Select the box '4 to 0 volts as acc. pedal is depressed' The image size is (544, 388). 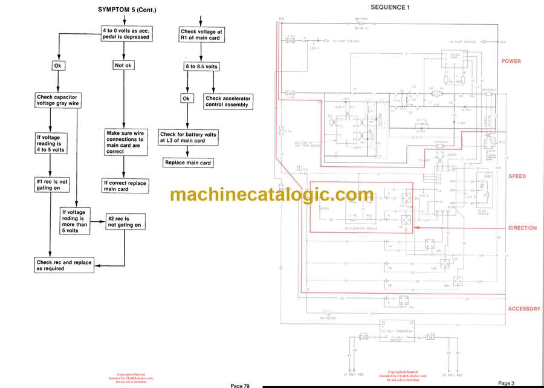125,33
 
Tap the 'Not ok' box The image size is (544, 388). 123,65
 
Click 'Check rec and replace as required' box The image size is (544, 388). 64,265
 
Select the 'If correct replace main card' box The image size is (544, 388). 125,186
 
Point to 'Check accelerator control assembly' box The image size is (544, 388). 228,101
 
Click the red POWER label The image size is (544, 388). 511,62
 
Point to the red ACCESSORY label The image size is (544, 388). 524,309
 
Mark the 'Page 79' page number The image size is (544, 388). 239,385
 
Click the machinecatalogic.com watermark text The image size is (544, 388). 272,195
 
